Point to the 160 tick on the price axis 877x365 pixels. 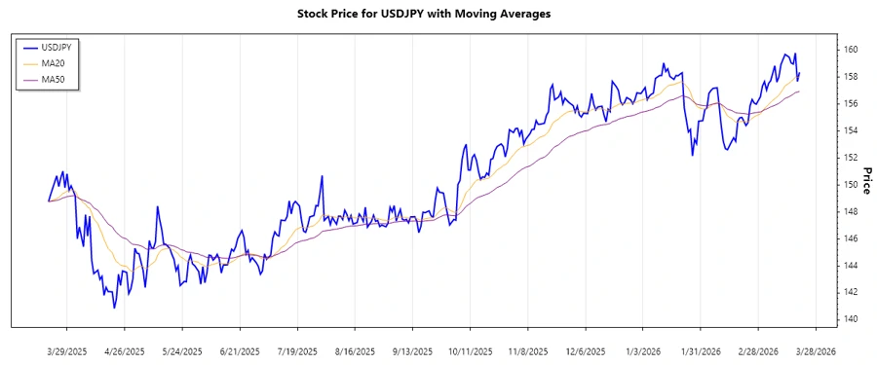[851, 50]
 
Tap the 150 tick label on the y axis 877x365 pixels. [851, 184]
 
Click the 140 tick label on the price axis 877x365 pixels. [851, 319]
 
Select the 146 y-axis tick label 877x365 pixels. [851, 238]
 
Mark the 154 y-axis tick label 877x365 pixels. [851, 130]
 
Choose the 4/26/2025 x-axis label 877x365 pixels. [124, 350]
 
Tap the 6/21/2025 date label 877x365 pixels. [239, 350]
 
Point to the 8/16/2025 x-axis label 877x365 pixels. [355, 350]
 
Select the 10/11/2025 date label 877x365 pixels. [470, 350]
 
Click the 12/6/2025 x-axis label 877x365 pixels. [586, 350]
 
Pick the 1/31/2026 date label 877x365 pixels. [701, 350]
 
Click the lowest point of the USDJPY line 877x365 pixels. [115, 309]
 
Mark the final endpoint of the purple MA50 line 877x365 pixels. [799, 91]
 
